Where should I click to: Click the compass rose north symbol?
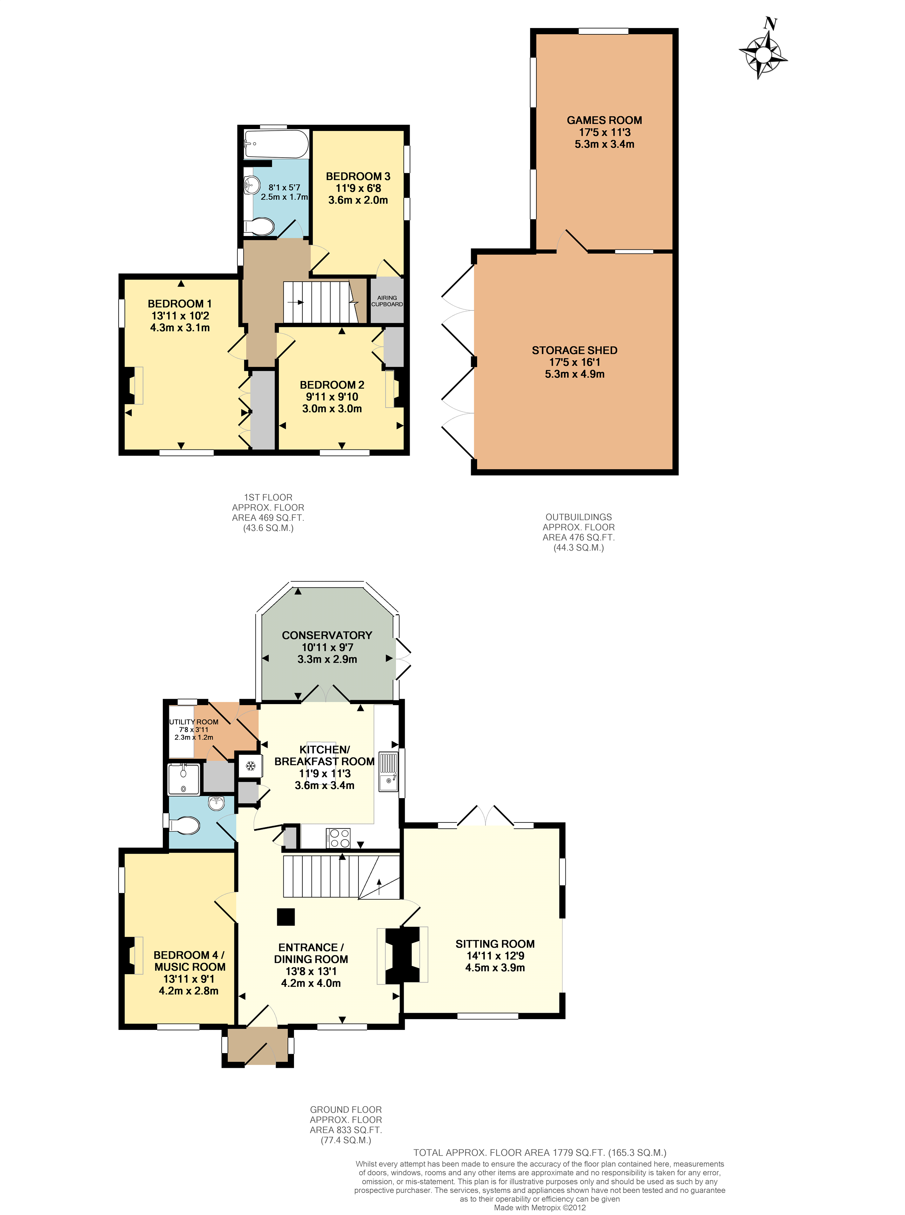click(x=764, y=53)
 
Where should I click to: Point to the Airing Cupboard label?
click(x=387, y=301)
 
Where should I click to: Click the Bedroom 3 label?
click(x=358, y=176)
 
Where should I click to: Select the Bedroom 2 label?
click(x=331, y=385)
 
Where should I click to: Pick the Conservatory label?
click(x=327, y=635)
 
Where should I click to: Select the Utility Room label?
click(x=193, y=722)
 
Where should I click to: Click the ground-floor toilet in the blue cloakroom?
click(x=185, y=825)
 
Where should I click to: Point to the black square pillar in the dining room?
click(x=286, y=917)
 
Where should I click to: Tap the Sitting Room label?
click(x=495, y=944)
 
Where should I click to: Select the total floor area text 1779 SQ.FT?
click(x=539, y=1152)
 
